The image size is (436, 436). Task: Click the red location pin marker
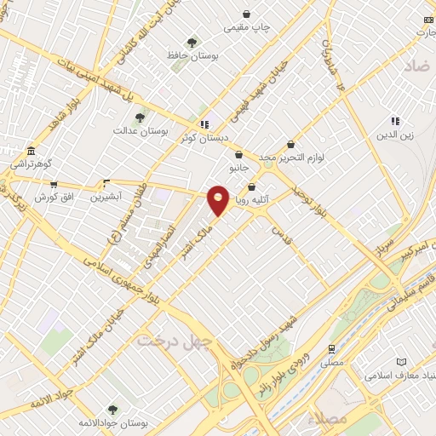click(218, 198)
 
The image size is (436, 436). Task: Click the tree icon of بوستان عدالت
click(141, 118)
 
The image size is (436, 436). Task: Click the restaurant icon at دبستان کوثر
click(204, 124)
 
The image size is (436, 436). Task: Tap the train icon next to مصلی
click(331, 348)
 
